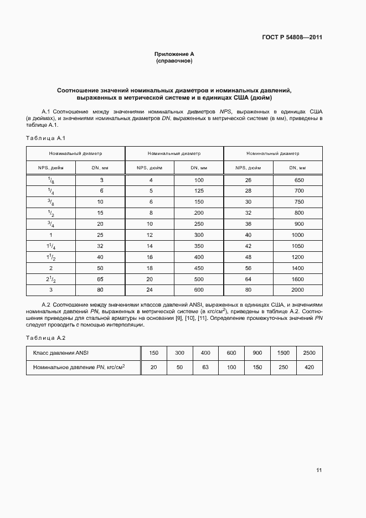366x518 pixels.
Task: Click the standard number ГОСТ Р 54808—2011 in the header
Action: pyautogui.click(x=292, y=38)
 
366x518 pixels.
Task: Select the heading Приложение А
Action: pyautogui.click(x=174, y=54)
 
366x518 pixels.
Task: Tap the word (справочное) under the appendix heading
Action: pyautogui.click(x=174, y=61)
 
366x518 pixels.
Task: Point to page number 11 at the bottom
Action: pyautogui.click(x=319, y=470)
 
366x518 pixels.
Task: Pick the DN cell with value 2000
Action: pyautogui.click(x=297, y=289)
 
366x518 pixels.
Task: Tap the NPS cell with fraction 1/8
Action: pyautogui.click(x=51, y=181)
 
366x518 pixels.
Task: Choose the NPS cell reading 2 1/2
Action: pyautogui.click(x=51, y=280)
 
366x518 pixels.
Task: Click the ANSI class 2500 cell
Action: pyautogui.click(x=309, y=353)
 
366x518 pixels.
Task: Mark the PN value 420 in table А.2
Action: pyautogui.click(x=309, y=367)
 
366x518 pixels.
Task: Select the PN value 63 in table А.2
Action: pyautogui.click(x=205, y=367)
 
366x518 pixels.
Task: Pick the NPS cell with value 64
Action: pyautogui.click(x=248, y=279)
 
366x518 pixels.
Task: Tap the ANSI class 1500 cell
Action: pyautogui.click(x=283, y=353)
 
